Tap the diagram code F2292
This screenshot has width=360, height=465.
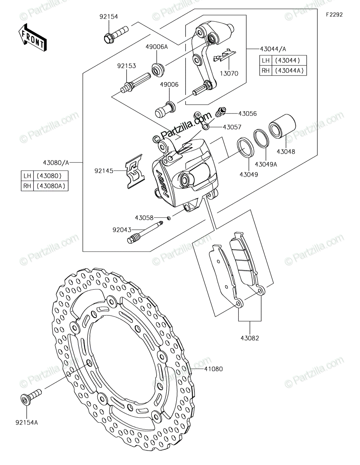tap(334, 15)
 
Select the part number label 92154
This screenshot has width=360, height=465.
tap(109, 17)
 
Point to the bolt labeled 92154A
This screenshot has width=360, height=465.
tap(31, 397)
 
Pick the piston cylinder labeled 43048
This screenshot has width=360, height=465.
tap(282, 127)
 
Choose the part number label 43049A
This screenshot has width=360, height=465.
tap(266, 164)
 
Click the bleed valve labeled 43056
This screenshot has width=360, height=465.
tap(220, 112)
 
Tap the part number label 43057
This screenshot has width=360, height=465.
tap(232, 127)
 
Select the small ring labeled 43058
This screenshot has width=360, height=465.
tap(168, 218)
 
